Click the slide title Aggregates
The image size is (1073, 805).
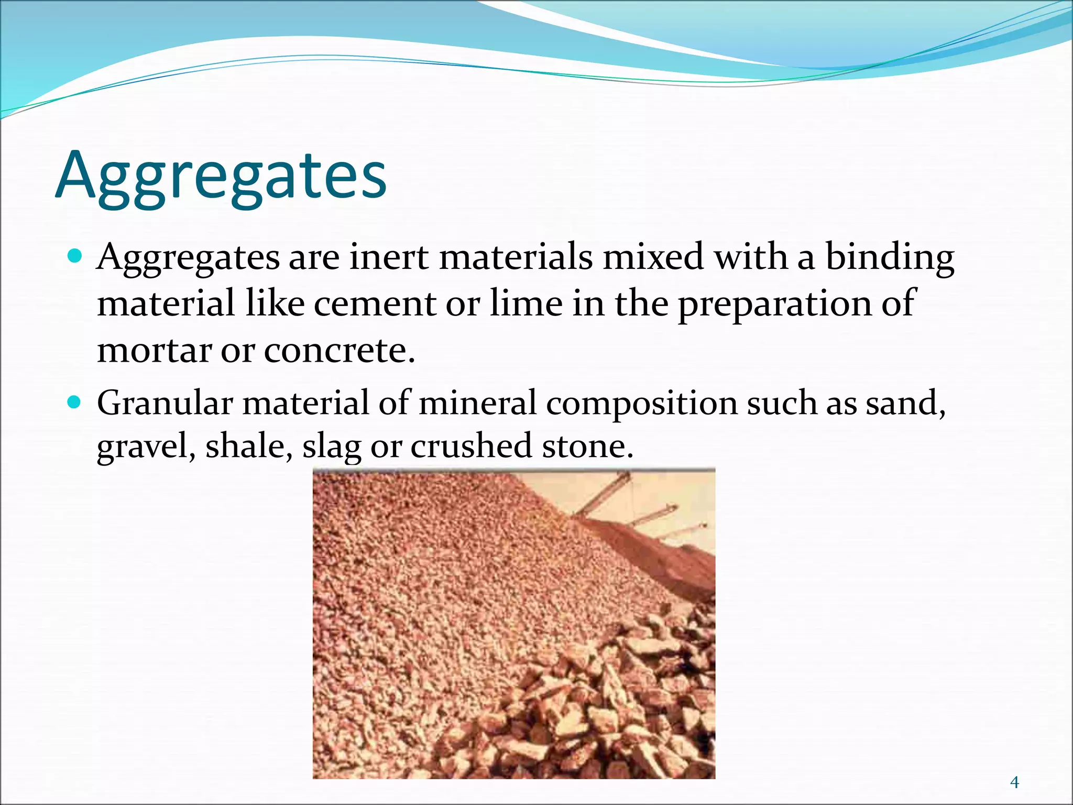coord(221,176)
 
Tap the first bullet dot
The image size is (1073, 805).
coord(76,256)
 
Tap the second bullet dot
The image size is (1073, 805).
coord(76,402)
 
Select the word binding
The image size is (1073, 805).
coord(890,258)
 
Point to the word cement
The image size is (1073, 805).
coord(375,304)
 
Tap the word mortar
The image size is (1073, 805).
coord(154,350)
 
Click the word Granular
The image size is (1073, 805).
coord(165,404)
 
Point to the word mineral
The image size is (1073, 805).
coord(477,404)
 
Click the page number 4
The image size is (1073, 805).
coord(1014,783)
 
